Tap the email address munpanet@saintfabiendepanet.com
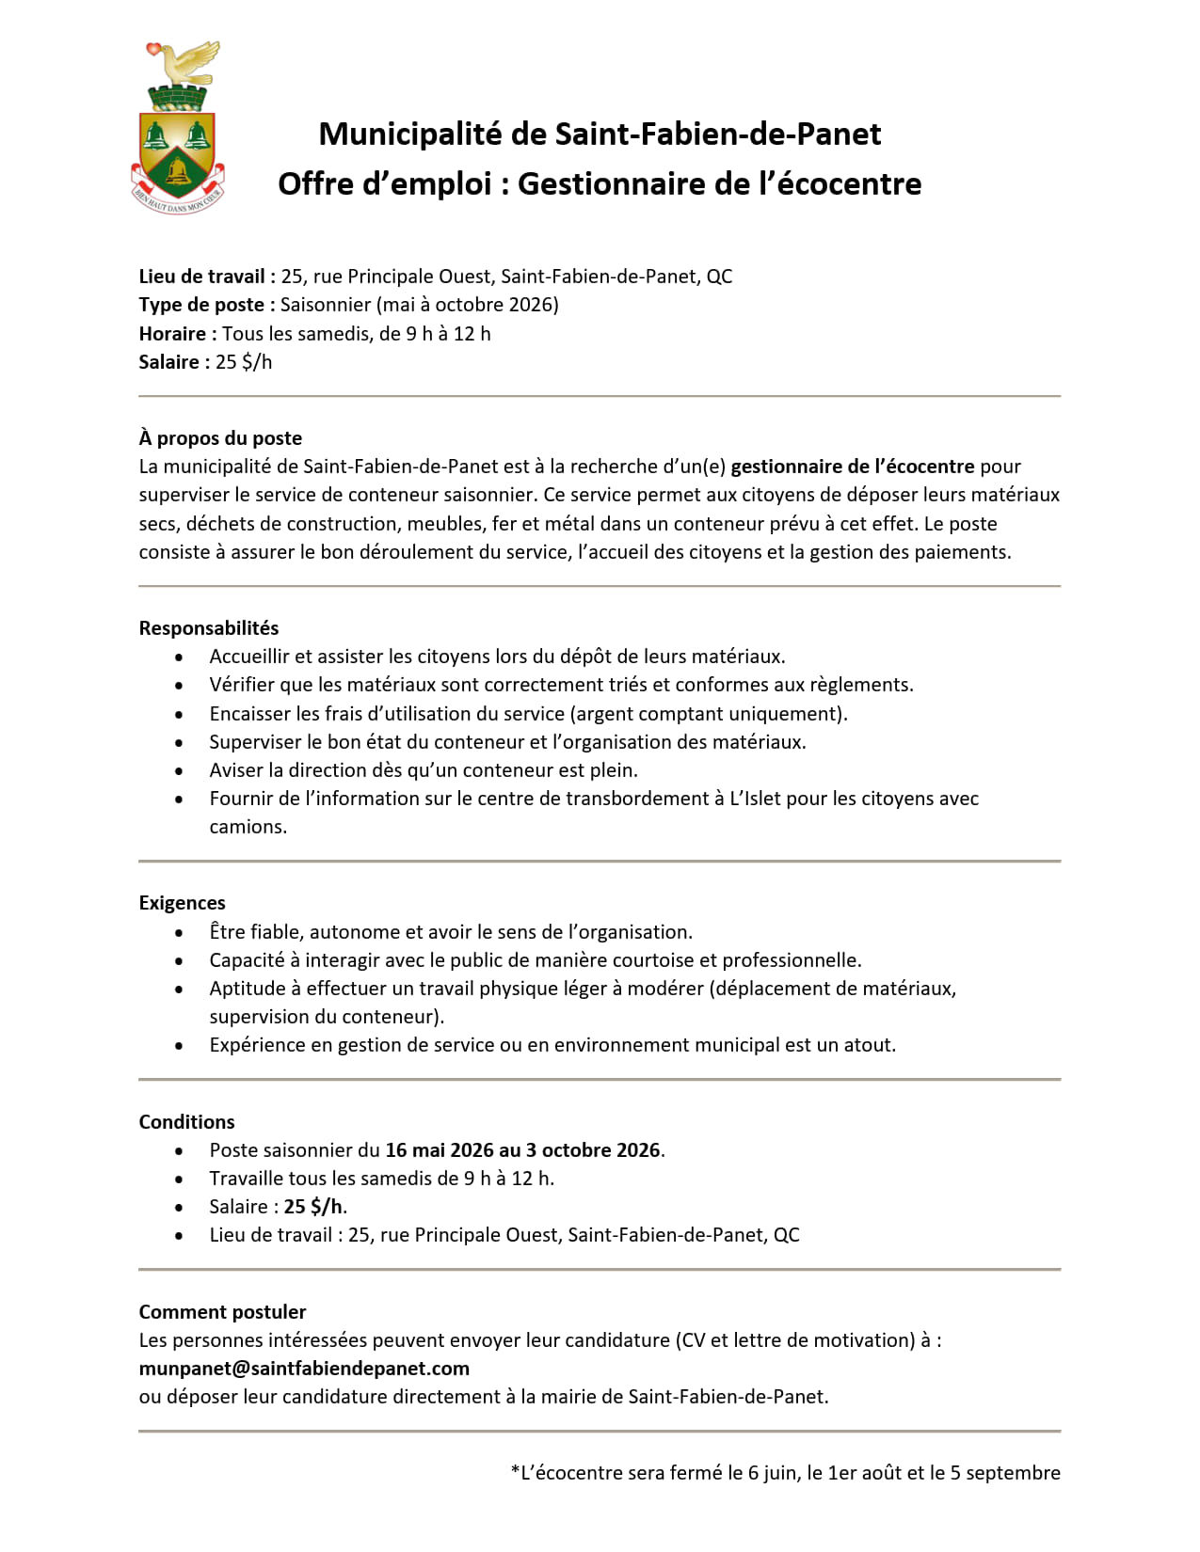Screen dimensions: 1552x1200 coord(304,1369)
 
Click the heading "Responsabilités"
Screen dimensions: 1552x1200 coord(209,628)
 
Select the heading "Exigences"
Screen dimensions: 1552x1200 coord(182,903)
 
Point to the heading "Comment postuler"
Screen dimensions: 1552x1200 coord(222,1312)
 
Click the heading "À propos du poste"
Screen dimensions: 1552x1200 coord(220,438)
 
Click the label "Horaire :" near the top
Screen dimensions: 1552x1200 coord(178,334)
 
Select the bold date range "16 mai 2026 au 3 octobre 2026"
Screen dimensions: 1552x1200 coord(522,1150)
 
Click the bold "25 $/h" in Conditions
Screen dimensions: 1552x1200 coord(313,1207)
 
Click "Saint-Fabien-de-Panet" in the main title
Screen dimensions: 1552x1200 coord(717,135)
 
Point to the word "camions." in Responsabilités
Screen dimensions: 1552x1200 coord(248,827)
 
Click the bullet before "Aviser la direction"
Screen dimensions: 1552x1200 coord(179,771)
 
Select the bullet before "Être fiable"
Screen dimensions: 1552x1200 coord(179,933)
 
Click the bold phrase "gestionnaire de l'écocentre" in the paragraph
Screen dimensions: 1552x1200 coord(853,467)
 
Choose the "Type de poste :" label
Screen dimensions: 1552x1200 coord(207,305)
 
